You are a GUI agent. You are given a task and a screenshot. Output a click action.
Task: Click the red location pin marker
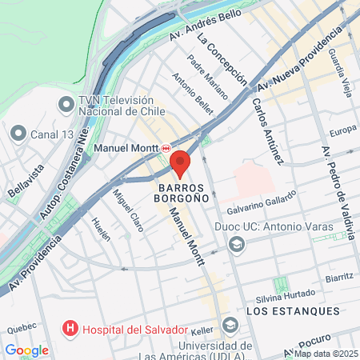180,161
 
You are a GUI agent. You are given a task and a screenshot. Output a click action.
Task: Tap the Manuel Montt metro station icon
166,148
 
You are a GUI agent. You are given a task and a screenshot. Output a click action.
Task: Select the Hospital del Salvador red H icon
70,329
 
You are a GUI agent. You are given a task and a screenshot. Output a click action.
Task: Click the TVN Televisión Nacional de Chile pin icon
66,104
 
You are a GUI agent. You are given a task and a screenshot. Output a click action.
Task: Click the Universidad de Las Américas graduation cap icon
231,325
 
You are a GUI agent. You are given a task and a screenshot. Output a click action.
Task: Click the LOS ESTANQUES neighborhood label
293,310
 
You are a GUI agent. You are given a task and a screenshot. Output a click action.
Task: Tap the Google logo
26,350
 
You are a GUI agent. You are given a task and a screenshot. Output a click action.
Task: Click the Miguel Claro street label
128,210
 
